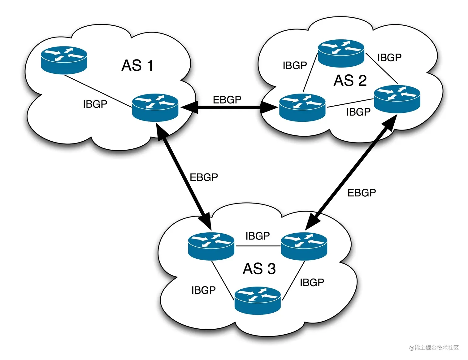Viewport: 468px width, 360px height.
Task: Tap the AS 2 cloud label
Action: tap(350, 81)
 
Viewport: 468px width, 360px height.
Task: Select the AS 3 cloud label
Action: tap(259, 269)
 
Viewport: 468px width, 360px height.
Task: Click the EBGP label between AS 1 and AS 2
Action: tap(227, 99)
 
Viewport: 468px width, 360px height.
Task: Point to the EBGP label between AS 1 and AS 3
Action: tap(204, 177)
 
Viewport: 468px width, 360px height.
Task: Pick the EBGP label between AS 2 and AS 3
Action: tap(362, 193)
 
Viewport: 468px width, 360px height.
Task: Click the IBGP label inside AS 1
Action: tap(95, 104)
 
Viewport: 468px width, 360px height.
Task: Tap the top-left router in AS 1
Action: tap(64, 60)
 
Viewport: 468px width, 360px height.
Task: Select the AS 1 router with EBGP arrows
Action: tap(155, 108)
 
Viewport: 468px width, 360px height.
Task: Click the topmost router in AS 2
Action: tap(341, 53)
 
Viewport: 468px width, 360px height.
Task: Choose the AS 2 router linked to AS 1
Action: tap(302, 108)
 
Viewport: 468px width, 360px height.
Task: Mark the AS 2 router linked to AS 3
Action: tap(397, 99)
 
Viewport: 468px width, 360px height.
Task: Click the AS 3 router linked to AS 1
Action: tap(211, 246)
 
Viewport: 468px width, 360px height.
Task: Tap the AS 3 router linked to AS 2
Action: tap(304, 246)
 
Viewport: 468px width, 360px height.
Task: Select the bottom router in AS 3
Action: tap(258, 301)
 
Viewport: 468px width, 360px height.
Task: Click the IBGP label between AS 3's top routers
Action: tap(258, 236)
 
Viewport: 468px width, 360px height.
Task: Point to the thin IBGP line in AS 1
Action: tap(98, 91)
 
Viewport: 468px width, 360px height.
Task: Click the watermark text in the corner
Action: tap(434, 348)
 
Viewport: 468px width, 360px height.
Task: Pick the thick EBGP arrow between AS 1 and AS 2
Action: tap(229, 107)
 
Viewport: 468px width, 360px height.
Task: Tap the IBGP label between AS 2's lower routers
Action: tap(358, 112)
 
